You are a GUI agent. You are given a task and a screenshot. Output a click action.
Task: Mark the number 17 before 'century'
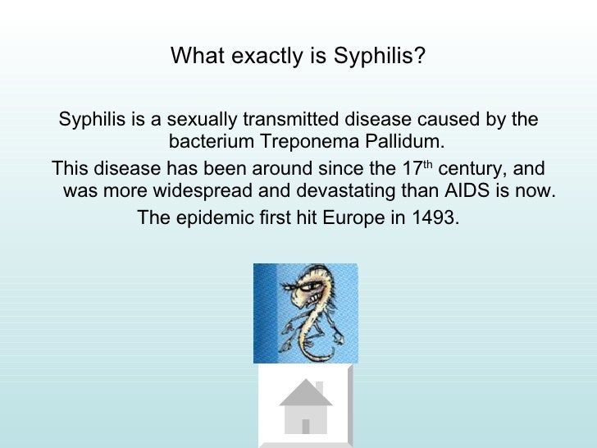click(410, 170)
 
